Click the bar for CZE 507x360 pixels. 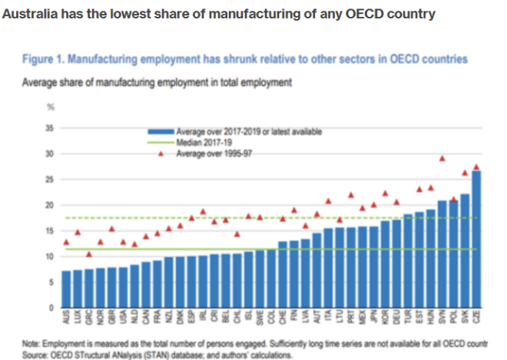(476, 239)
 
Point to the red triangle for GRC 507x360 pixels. (88, 254)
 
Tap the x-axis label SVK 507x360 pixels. (464, 316)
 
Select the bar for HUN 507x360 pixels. (430, 259)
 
